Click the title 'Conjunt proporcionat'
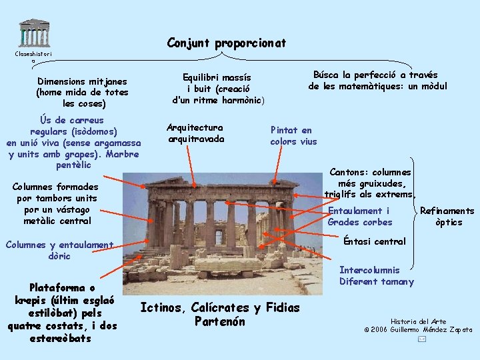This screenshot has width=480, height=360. pyautogui.click(x=227, y=43)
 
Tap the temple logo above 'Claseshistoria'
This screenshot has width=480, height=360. pyautogui.click(x=34, y=32)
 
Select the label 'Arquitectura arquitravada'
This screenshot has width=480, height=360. pyautogui.click(x=196, y=133)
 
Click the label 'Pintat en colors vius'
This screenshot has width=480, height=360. pyautogui.click(x=293, y=136)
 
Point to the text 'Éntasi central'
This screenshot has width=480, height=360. pyautogui.click(x=375, y=241)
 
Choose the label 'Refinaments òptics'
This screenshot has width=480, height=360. pyautogui.click(x=447, y=217)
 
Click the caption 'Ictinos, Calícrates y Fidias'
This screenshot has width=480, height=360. pyautogui.click(x=220, y=307)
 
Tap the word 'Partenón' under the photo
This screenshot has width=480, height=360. pyautogui.click(x=220, y=322)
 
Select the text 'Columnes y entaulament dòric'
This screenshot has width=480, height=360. pyautogui.click(x=59, y=250)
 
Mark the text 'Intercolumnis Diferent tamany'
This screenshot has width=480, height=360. pyautogui.click(x=377, y=276)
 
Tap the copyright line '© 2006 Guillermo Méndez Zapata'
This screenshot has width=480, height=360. pyautogui.click(x=418, y=329)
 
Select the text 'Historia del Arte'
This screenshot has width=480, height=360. pyautogui.click(x=419, y=321)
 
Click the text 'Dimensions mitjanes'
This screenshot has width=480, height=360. pyautogui.click(x=83, y=81)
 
